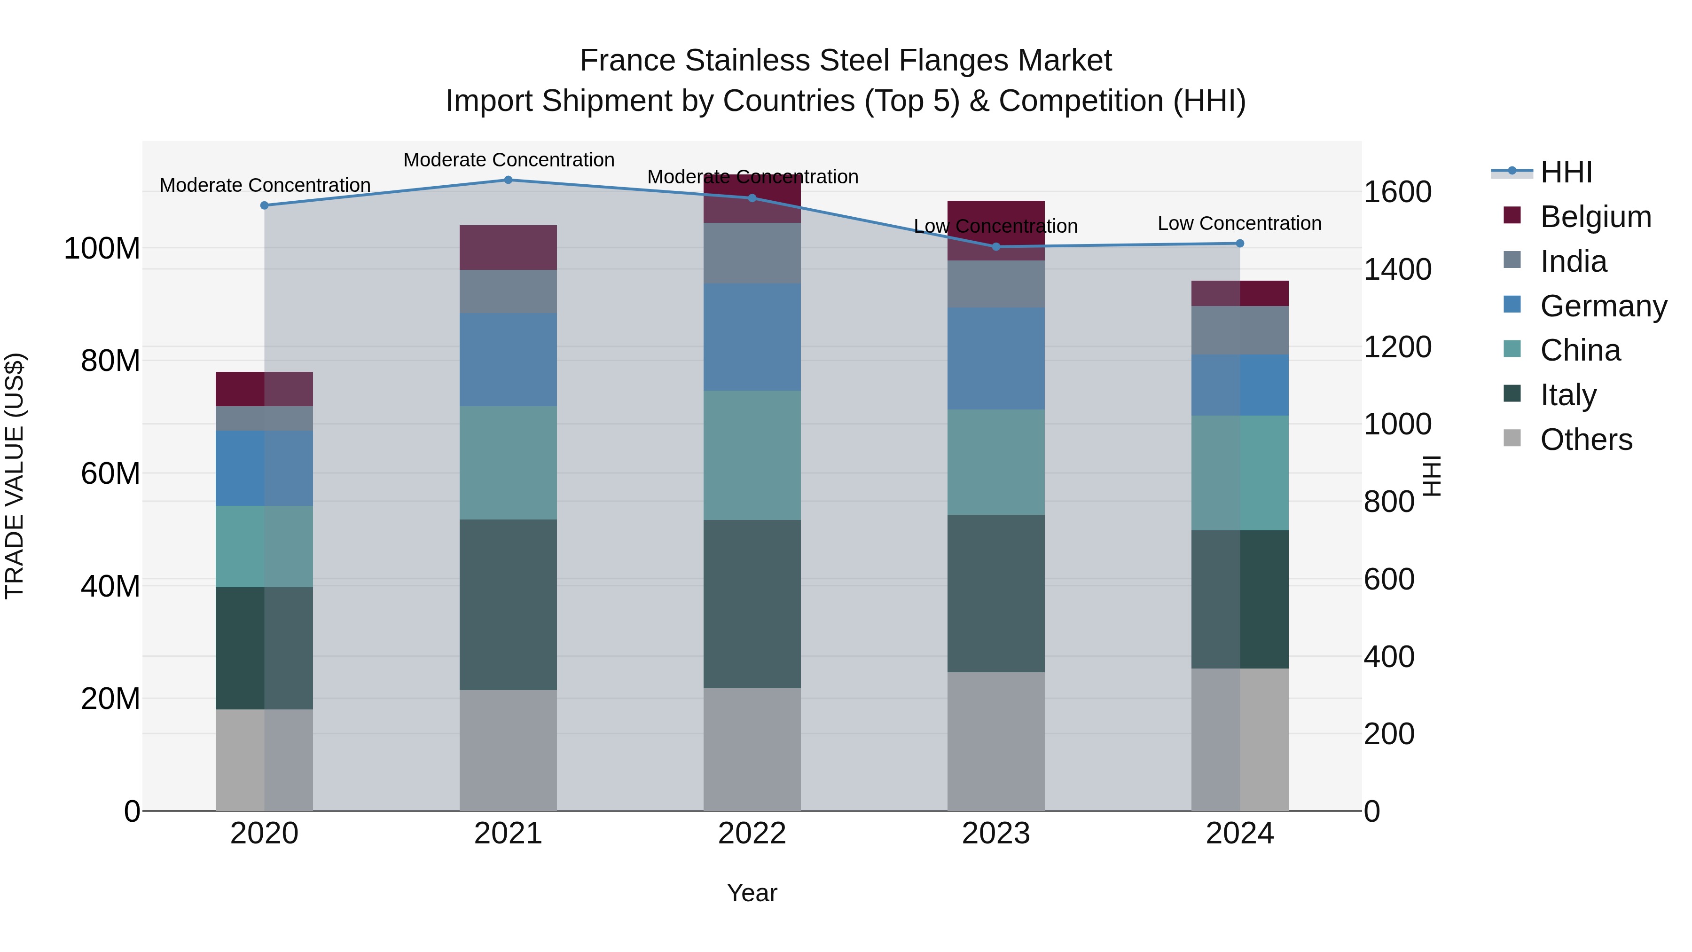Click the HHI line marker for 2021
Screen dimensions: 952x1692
tap(508, 180)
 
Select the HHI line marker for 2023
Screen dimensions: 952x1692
tap(996, 247)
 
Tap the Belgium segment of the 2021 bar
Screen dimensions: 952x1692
tap(508, 248)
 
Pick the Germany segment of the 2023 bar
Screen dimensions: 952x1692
tap(996, 359)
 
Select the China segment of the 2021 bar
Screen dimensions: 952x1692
tap(508, 463)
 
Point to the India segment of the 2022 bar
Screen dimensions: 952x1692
tap(752, 253)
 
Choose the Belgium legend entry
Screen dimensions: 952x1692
tap(1595, 217)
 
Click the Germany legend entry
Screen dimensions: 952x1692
tap(1603, 306)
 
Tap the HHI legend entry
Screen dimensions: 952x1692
tap(1566, 172)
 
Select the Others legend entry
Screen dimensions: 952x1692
tap(1586, 440)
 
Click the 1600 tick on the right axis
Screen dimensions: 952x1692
tap(1398, 192)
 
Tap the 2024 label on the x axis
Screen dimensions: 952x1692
tap(1239, 834)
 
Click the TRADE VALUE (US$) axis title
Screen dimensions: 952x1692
tap(15, 476)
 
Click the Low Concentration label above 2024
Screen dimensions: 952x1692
tap(1239, 223)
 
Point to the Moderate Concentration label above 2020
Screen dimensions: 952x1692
tap(265, 185)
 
